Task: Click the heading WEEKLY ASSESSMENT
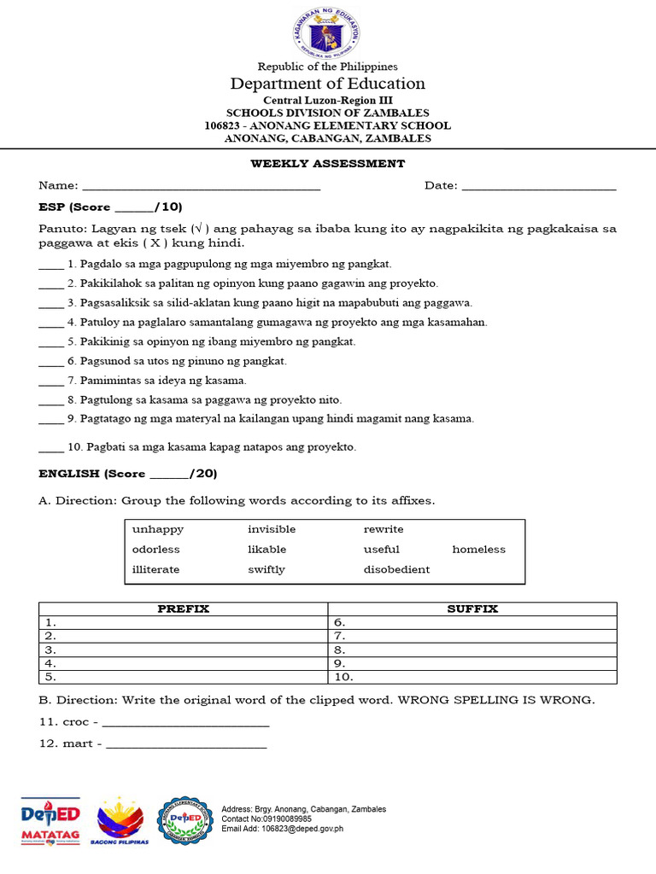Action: (327, 164)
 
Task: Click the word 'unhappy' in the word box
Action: (158, 529)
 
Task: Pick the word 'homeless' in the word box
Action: (478, 550)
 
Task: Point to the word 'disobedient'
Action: (396, 569)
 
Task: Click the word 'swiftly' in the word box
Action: (266, 569)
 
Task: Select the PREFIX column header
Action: (184, 609)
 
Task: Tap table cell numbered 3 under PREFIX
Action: (184, 650)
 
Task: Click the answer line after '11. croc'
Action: (185, 725)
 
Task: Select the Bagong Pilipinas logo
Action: (122, 821)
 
